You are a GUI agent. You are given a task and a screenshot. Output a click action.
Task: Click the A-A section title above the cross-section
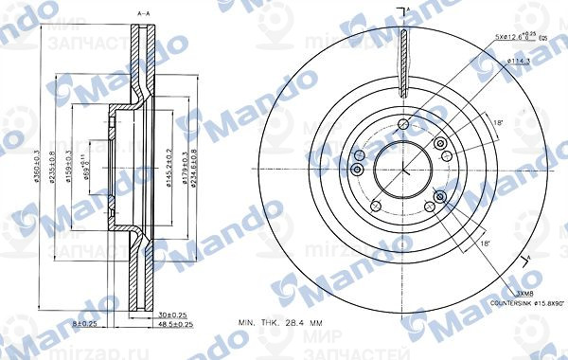click(x=144, y=11)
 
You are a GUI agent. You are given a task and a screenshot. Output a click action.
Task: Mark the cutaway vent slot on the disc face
click(x=404, y=62)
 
